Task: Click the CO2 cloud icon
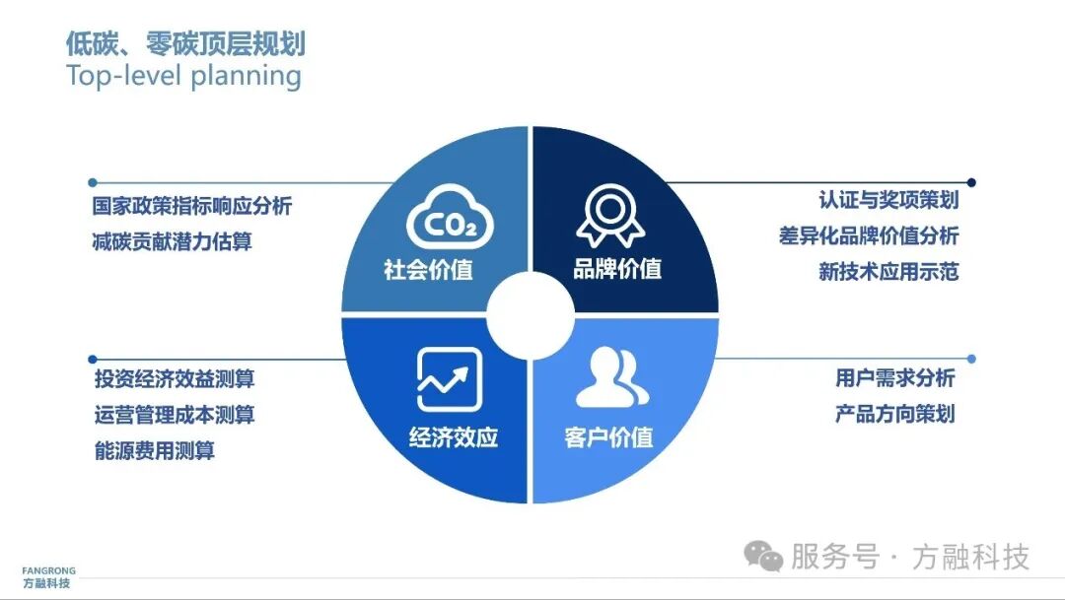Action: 450,220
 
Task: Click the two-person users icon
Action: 611,377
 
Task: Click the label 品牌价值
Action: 617,268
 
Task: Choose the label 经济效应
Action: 454,437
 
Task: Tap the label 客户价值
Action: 609,437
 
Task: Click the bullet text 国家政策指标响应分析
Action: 192,207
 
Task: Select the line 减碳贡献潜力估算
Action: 173,241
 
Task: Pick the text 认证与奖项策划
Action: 888,200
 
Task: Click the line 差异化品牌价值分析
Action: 868,236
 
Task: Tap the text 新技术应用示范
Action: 888,272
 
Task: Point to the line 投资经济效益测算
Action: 174,378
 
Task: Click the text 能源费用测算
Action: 154,451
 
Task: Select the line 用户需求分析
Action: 895,377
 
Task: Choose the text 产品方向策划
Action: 895,414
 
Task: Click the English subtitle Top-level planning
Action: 183,76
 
